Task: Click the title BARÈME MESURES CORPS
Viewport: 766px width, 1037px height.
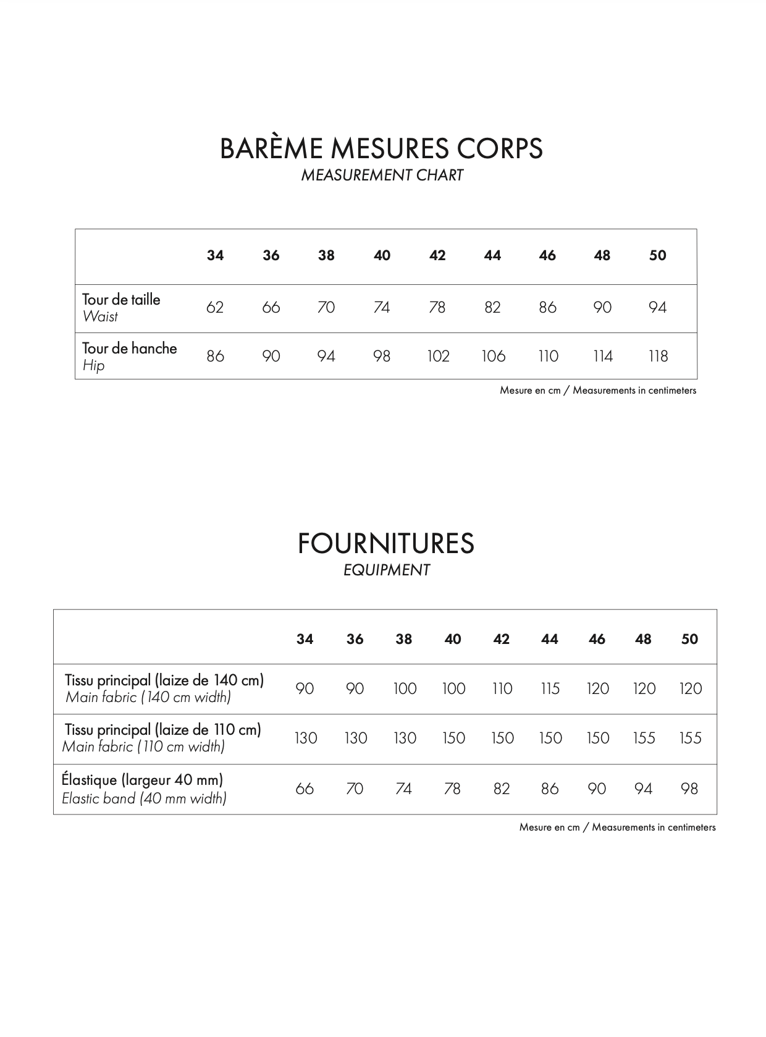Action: click(381, 148)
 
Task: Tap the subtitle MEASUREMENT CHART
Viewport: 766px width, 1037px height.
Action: click(382, 176)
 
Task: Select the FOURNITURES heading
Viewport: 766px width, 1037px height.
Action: click(385, 544)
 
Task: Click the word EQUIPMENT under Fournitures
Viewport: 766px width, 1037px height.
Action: click(386, 570)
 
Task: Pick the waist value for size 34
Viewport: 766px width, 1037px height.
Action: click(214, 307)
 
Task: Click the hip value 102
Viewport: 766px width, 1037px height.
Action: click(438, 357)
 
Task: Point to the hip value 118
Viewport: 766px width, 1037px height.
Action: click(658, 357)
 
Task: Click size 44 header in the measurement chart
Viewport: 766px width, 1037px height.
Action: click(492, 256)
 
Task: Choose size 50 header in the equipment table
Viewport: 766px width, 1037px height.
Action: click(689, 640)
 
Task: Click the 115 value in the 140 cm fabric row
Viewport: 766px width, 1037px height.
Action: click(550, 689)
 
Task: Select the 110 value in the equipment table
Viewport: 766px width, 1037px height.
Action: click(502, 689)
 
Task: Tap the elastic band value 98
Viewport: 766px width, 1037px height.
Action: click(689, 789)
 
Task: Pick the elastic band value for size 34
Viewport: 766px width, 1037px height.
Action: click(305, 789)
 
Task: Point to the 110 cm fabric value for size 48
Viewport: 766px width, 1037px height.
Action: click(644, 739)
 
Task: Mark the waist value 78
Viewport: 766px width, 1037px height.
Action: click(437, 307)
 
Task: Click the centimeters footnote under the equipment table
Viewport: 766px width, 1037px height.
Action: click(617, 827)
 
